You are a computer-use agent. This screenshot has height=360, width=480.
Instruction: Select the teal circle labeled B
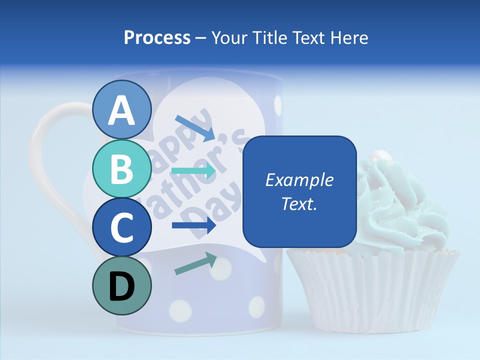tap(122, 168)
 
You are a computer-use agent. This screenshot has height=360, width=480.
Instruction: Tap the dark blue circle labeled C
tap(122, 227)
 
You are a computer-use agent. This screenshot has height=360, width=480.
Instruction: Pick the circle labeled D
tap(122, 286)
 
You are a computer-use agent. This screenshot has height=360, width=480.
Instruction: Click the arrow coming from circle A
tap(195, 127)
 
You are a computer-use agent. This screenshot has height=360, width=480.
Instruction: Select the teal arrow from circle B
tap(194, 171)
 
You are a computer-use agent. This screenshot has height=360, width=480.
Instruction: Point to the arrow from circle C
tap(194, 225)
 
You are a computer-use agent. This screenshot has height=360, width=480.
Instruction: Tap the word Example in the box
tap(299, 180)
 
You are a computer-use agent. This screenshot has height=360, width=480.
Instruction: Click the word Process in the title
tap(157, 37)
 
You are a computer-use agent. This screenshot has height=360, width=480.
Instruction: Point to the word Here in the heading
tap(350, 37)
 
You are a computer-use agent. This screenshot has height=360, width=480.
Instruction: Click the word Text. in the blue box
tap(299, 203)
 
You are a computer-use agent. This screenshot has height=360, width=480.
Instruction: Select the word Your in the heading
tap(228, 37)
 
